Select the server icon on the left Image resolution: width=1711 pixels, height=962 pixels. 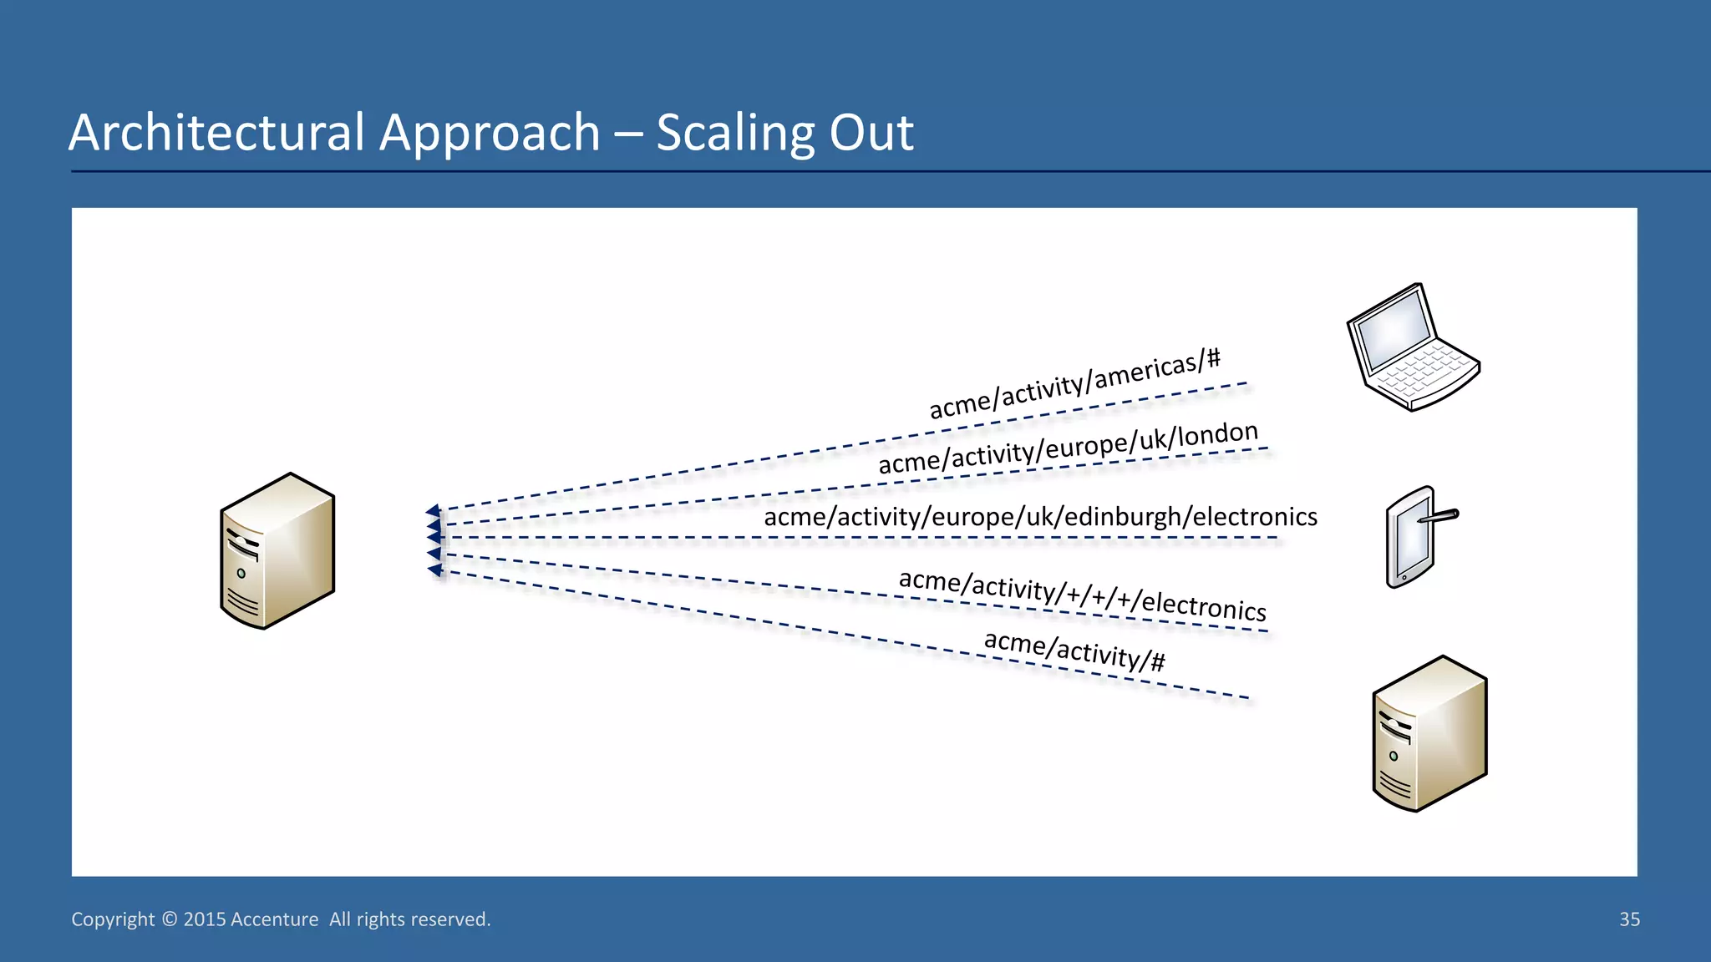(277, 551)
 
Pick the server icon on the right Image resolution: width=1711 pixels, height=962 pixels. (1429, 734)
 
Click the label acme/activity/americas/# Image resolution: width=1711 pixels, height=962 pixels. (1075, 385)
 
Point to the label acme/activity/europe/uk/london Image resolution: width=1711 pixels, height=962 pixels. (1068, 448)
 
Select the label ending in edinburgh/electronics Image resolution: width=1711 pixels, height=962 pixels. (1040, 517)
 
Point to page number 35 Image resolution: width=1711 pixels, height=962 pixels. (1629, 919)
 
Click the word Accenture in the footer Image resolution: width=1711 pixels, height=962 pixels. (274, 919)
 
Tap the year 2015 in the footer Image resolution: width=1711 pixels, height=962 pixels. (205, 919)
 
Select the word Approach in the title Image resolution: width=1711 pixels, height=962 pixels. (490, 133)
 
